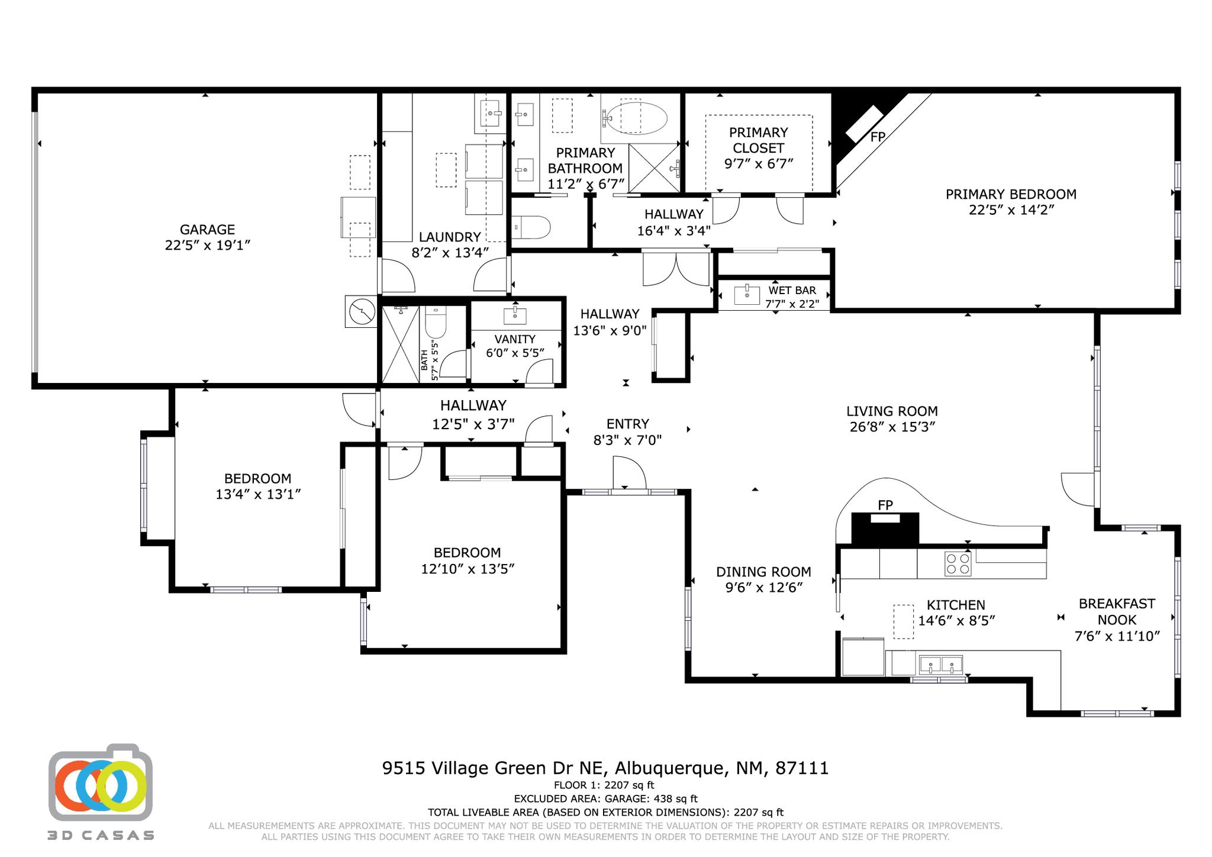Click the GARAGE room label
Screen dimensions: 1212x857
(x=207, y=230)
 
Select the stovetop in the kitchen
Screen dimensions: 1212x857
(x=958, y=563)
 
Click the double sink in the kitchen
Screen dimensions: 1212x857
(x=941, y=665)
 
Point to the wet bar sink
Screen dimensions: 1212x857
(x=747, y=294)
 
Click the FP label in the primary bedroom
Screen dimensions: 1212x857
(x=878, y=137)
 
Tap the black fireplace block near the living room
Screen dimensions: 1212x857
(x=885, y=529)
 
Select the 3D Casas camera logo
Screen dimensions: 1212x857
(x=101, y=782)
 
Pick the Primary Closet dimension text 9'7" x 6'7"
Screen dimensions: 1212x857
(x=758, y=164)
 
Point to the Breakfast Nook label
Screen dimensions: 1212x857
(x=1117, y=611)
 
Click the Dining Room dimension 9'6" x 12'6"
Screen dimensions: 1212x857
(x=763, y=588)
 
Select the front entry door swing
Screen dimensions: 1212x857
(x=629, y=473)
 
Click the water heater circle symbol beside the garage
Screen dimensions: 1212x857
(x=361, y=311)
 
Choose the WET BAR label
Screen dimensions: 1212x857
(x=792, y=291)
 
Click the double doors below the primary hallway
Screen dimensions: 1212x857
(x=676, y=269)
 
